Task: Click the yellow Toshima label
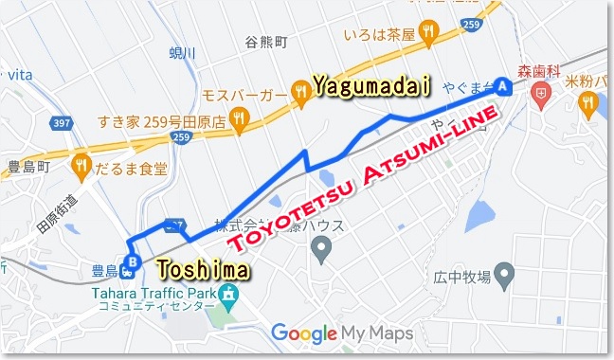(x=204, y=270)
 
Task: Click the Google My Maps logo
(x=342, y=333)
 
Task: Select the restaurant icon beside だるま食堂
(x=80, y=168)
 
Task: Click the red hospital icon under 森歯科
(x=540, y=93)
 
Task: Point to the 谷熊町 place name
(x=265, y=43)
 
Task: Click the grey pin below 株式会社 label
(x=321, y=251)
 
